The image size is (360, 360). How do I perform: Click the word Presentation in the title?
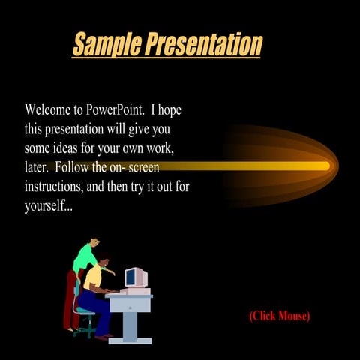pyautogui.click(x=204, y=44)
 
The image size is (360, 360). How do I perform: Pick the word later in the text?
pyautogui.click(x=35, y=167)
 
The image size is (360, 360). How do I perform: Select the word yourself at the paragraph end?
pyautogui.click(x=46, y=205)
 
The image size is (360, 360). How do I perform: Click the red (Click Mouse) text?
pyautogui.click(x=279, y=316)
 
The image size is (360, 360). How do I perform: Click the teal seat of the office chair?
pyautogui.click(x=84, y=310)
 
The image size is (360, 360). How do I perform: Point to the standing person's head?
pyautogui.click(x=94, y=244)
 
